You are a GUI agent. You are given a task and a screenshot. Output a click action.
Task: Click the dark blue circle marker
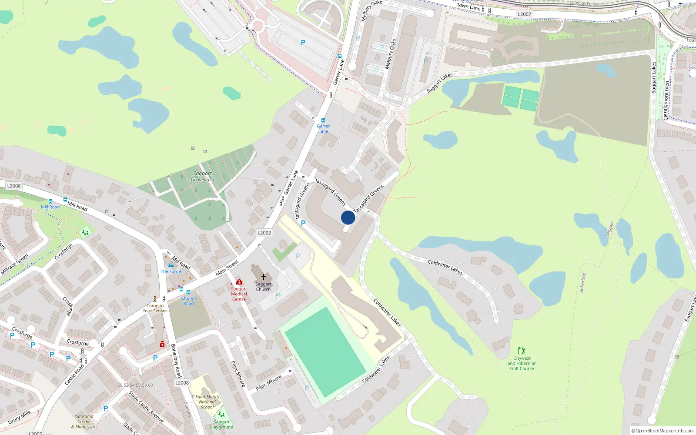coord(348,217)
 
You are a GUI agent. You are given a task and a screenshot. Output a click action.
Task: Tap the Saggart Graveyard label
coord(203,177)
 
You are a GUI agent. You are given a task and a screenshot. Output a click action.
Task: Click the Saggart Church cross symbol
coord(263,277)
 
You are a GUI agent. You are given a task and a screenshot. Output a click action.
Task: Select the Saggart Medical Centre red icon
coord(239,282)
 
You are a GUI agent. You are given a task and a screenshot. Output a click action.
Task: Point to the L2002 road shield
coord(264,233)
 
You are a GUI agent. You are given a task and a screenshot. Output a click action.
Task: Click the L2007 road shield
coord(524,14)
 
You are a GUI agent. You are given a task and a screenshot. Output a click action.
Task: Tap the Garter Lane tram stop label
coord(323,129)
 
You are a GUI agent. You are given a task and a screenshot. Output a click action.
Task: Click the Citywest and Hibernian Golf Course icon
coord(522,351)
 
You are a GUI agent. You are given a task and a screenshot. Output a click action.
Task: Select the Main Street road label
coord(227,268)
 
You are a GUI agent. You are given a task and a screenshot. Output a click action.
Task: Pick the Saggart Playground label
coord(221,425)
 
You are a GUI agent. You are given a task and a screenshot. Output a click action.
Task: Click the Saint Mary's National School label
coord(207,402)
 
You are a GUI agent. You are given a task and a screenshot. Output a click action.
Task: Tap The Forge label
coord(171,271)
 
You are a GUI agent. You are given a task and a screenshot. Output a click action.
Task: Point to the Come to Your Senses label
coord(155,308)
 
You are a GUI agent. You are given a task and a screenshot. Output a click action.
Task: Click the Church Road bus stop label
coord(188,301)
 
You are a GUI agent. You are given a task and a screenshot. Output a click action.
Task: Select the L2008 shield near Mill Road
coord(14,186)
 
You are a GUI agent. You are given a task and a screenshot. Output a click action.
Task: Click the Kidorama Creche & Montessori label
coord(84,422)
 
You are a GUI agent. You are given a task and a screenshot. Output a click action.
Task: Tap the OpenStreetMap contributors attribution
coord(663,431)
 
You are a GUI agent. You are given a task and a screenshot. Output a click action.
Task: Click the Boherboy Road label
coord(176,361)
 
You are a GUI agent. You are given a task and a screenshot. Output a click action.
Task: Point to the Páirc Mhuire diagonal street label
coord(238,374)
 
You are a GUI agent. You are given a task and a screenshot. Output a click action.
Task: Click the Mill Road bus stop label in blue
coord(50,207)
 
